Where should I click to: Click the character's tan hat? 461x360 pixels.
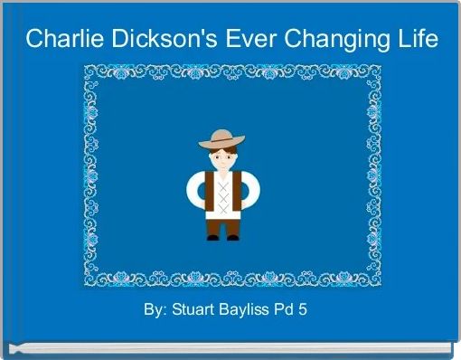pos(221,139)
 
